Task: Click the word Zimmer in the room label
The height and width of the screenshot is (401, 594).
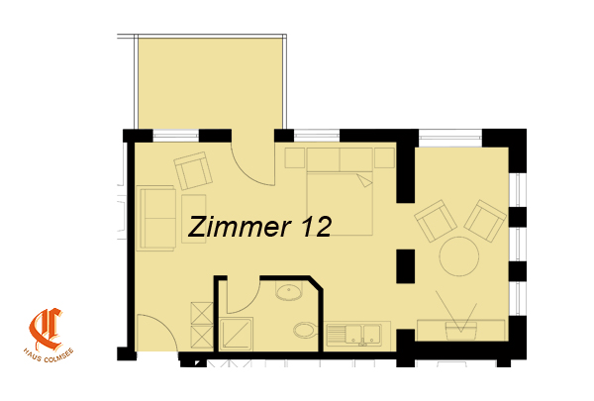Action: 240,227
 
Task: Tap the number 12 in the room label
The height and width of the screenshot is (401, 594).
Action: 317,227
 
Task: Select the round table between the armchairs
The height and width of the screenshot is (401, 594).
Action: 459,256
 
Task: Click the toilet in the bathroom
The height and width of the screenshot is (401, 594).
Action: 305,331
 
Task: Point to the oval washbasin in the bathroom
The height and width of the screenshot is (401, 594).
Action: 289,292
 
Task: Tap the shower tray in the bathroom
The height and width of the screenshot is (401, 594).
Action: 236,335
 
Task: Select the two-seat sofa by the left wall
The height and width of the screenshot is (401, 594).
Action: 156,218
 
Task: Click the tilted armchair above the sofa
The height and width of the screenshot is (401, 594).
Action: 193,170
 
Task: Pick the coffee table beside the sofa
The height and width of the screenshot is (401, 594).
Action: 194,219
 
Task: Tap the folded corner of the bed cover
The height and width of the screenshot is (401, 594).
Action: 365,180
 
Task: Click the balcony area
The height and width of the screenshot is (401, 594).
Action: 210,83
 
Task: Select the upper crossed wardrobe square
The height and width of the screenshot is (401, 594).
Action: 202,313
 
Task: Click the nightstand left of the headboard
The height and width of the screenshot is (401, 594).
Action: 295,157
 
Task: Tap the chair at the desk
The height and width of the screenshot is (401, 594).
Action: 461,331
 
